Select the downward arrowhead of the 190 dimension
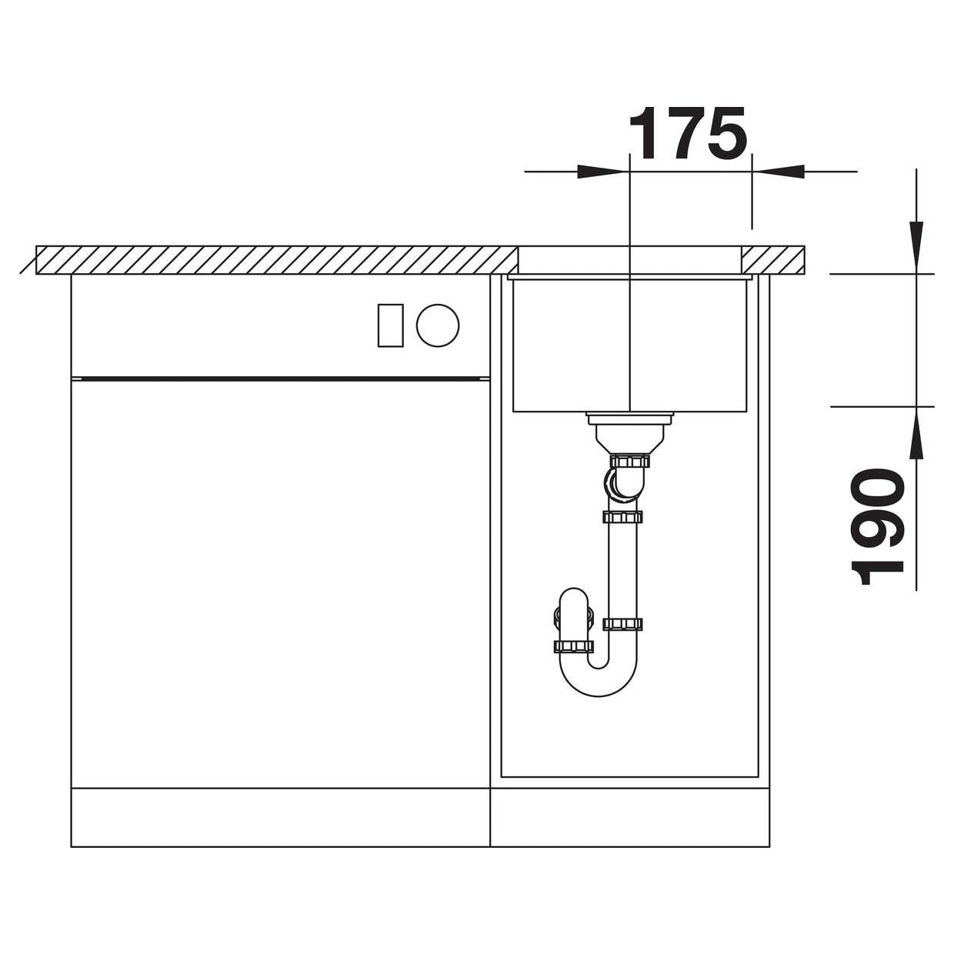click(x=916, y=247)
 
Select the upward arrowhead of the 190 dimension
click(x=916, y=432)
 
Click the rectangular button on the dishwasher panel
click(x=390, y=325)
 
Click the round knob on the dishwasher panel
click(x=438, y=325)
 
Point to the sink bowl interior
click(x=629, y=345)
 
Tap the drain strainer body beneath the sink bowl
click(x=629, y=431)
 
